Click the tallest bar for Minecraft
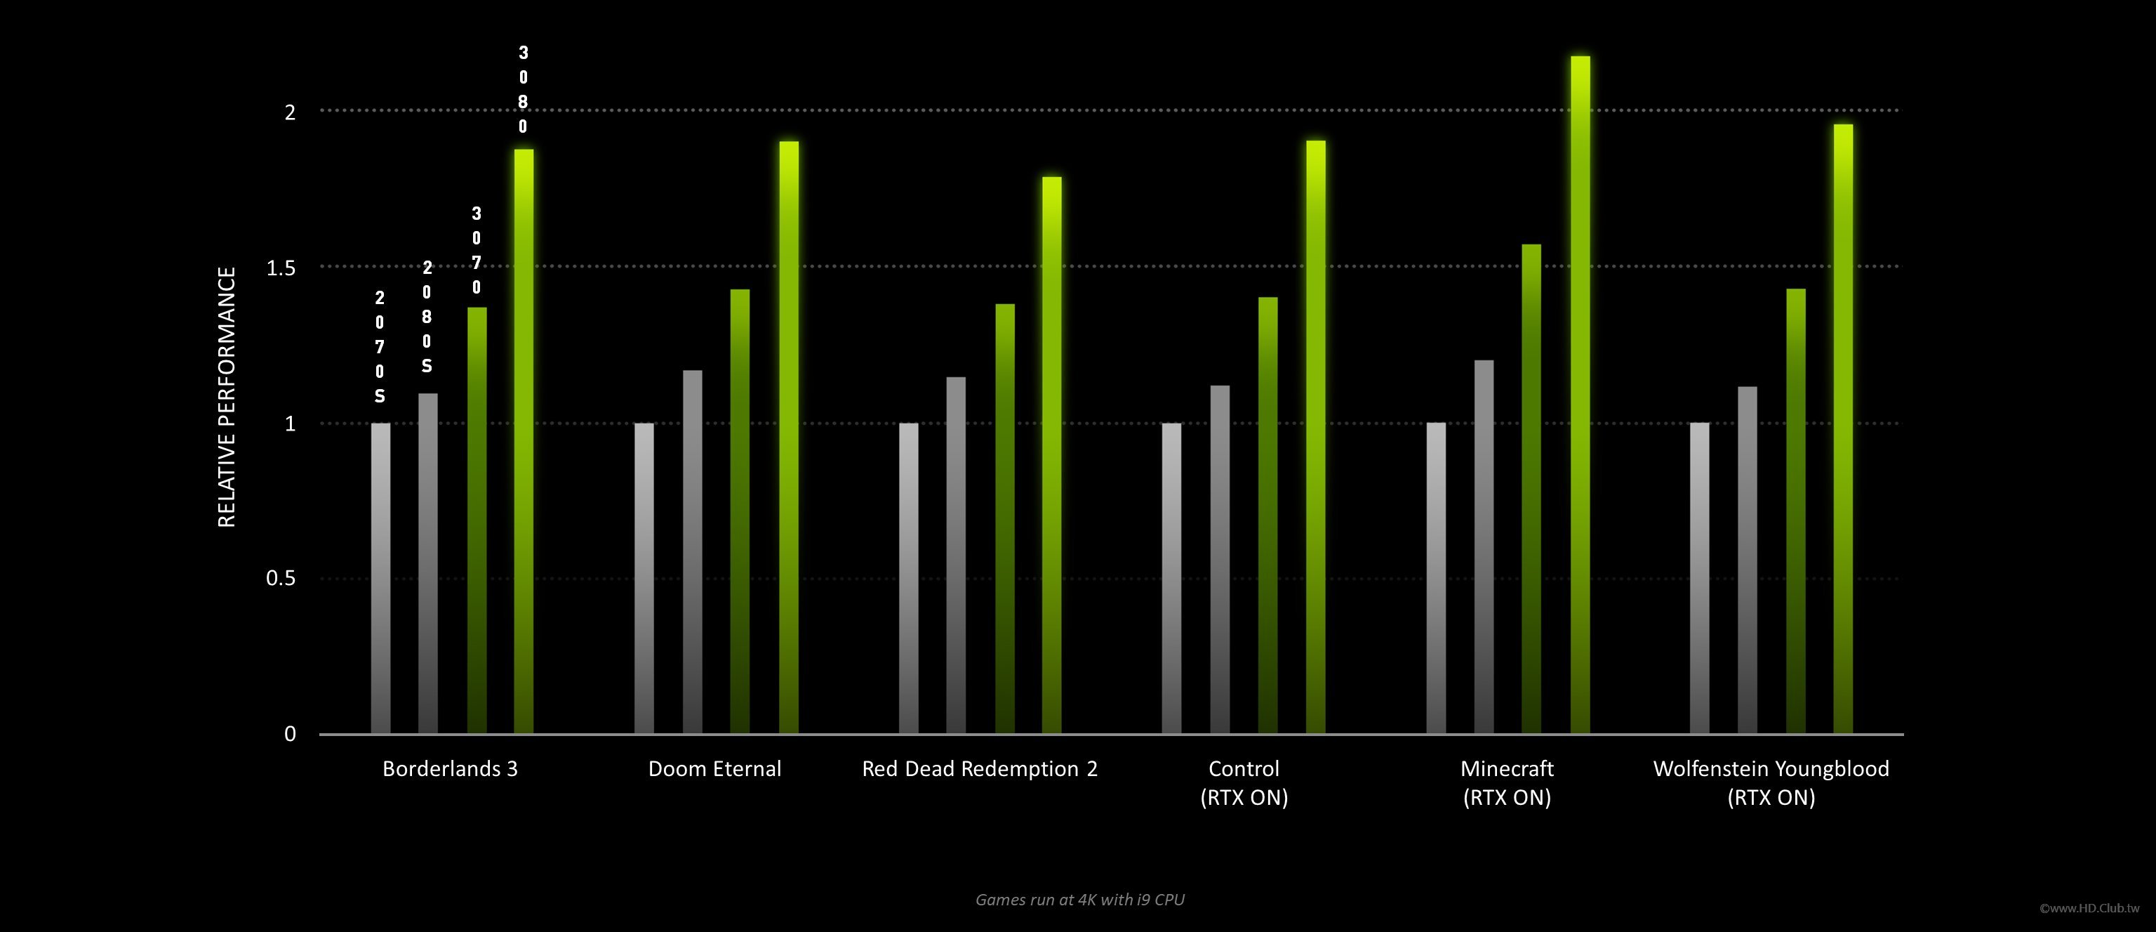[x=1581, y=393]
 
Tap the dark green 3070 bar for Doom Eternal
[x=740, y=511]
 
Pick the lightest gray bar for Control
[x=1172, y=578]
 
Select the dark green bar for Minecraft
[x=1531, y=489]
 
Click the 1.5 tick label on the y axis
[x=281, y=268]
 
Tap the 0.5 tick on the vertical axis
[x=281, y=579]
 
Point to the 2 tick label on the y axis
[x=291, y=112]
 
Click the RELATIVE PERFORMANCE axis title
[x=227, y=397]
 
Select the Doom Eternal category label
[x=714, y=769]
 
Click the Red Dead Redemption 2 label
[x=979, y=769]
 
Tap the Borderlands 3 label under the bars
[x=451, y=769]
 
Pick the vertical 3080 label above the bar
[x=523, y=90]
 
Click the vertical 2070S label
[x=380, y=347]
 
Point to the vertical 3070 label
[x=477, y=250]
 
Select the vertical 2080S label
[x=427, y=317]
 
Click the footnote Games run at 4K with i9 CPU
[x=1079, y=900]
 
